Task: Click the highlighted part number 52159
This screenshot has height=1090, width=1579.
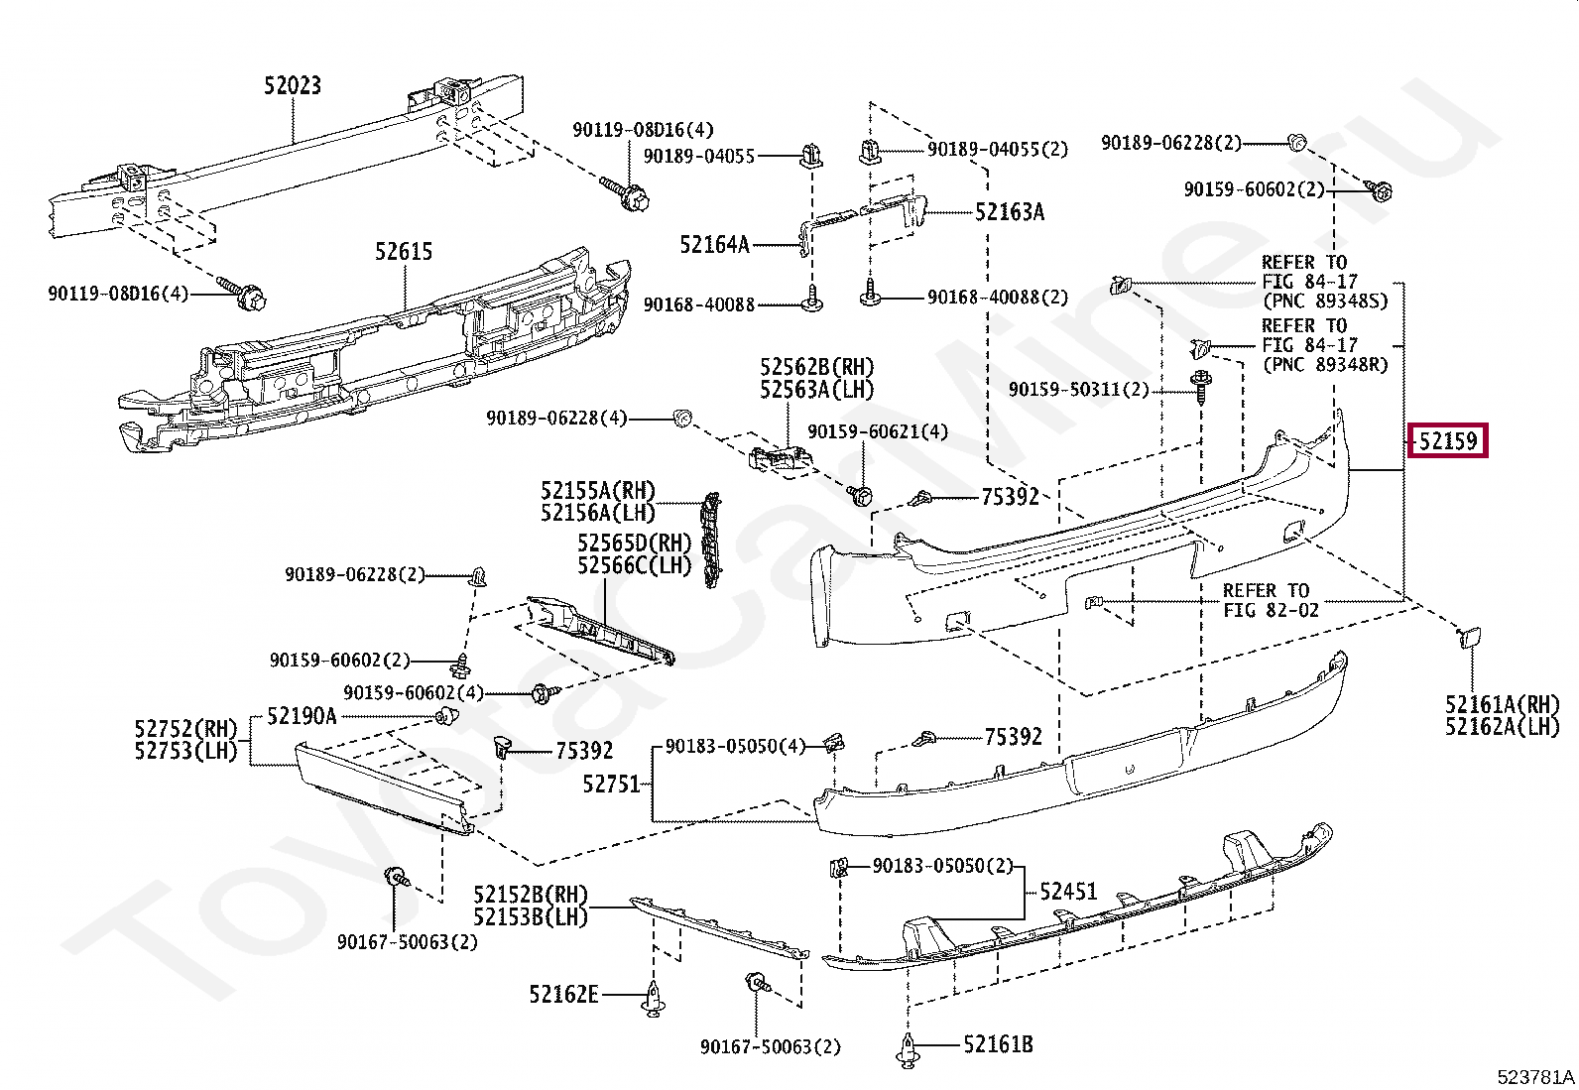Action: [1447, 440]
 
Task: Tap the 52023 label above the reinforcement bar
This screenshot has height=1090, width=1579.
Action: [293, 86]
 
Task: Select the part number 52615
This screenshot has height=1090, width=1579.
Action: [404, 252]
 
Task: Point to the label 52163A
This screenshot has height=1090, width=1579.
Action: [1009, 212]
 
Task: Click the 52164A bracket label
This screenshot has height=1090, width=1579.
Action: [714, 244]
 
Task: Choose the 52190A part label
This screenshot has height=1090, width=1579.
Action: [302, 716]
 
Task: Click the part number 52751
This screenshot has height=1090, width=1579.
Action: [612, 785]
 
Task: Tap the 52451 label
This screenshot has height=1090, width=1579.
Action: [1068, 892]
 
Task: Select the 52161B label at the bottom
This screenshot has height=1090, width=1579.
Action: [998, 1044]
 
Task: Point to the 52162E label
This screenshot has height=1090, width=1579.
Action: [563, 994]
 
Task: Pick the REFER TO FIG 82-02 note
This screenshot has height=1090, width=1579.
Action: [1271, 600]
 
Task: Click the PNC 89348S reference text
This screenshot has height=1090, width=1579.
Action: [1325, 301]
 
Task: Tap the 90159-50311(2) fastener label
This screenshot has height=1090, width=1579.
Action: [1078, 390]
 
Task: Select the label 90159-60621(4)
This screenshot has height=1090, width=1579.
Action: [878, 431]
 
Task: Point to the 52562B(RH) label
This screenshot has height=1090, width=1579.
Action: [817, 368]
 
